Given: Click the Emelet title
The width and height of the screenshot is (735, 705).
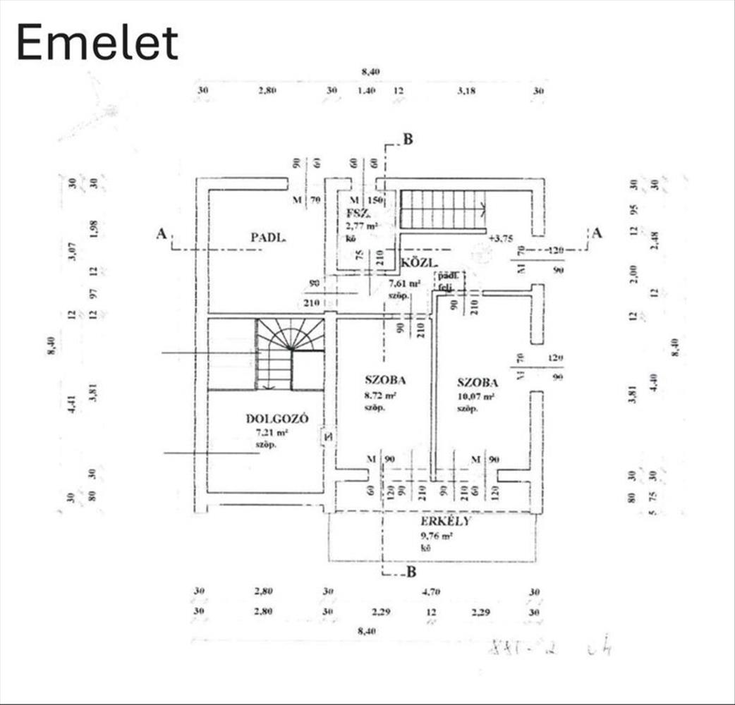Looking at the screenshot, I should click(x=97, y=43).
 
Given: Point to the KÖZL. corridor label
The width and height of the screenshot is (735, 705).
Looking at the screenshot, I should click(x=416, y=264).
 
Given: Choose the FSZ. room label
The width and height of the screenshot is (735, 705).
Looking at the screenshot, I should click(x=357, y=213).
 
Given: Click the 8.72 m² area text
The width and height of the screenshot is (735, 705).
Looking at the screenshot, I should click(x=380, y=396).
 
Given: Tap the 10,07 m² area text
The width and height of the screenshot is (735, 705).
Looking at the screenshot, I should click(x=475, y=396).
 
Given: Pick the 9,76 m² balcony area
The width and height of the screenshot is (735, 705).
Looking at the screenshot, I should click(x=437, y=536).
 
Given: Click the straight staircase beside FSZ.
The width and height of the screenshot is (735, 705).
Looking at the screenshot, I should click(x=443, y=209).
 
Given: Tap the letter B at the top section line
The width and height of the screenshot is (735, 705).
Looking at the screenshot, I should click(x=407, y=140).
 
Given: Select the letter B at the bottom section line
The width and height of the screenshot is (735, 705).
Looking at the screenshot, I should click(x=411, y=571).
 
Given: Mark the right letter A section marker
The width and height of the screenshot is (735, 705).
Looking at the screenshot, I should click(x=597, y=233).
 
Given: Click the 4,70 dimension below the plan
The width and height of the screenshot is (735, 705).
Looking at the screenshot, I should click(x=430, y=592).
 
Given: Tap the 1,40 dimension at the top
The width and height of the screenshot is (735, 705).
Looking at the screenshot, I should click(x=366, y=91).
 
